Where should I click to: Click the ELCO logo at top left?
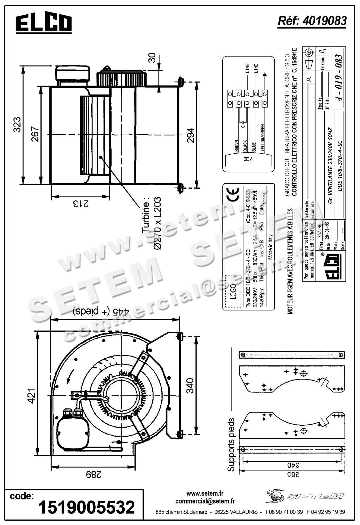pos(43,24)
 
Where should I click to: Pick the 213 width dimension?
pos(80,204)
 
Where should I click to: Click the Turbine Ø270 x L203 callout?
pos(152,223)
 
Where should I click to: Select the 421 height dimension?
pos(32,395)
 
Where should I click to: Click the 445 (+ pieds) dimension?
pos(101,311)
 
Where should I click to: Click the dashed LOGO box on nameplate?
pos(233,291)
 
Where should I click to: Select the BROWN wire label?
pos(237,146)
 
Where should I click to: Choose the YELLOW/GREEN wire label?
pos(262,139)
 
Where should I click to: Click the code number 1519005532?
pos(86,507)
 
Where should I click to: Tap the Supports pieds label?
pos(231,445)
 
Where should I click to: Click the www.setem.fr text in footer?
pos(205,493)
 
